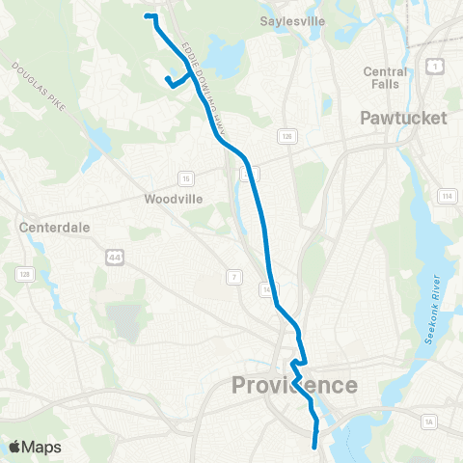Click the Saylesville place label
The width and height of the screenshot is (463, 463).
292,20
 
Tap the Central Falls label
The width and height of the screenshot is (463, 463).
385,78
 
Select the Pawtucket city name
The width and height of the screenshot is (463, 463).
403,119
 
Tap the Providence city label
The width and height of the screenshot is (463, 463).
294,386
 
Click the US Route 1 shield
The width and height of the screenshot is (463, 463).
435,66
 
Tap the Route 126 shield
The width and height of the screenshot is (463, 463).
286,138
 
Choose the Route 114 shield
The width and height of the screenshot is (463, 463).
446,197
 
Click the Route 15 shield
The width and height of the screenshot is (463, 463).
186,177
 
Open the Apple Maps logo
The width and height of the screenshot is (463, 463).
35,447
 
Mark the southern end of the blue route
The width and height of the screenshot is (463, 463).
316,447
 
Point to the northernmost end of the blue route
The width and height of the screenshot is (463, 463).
147,16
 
